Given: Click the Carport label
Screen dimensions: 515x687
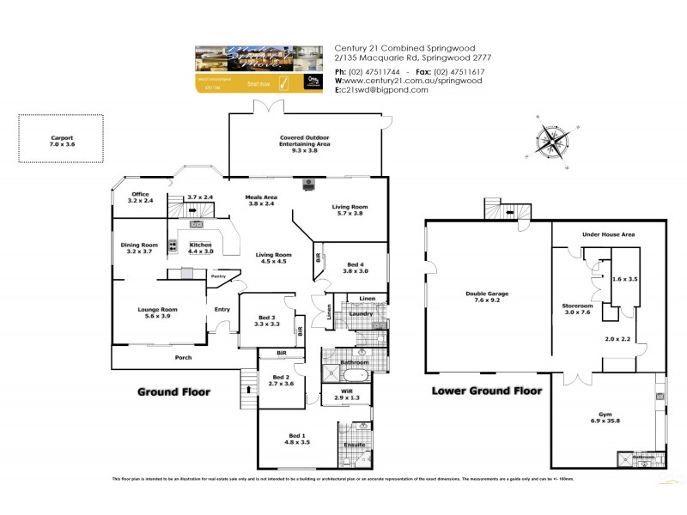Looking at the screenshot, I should [63, 142].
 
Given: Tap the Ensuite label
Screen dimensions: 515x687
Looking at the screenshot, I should [354, 445].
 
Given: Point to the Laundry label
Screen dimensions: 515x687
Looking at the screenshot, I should [360, 313].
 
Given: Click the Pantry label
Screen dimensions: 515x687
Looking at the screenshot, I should [218, 276].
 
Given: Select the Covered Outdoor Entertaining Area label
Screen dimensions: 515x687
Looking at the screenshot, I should [304, 143].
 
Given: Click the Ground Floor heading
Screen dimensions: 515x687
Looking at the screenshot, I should [174, 391].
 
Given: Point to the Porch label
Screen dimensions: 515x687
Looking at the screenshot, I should [183, 357].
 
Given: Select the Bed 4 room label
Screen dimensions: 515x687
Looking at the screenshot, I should [355, 267].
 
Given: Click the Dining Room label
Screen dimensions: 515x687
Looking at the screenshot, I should [138, 248].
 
